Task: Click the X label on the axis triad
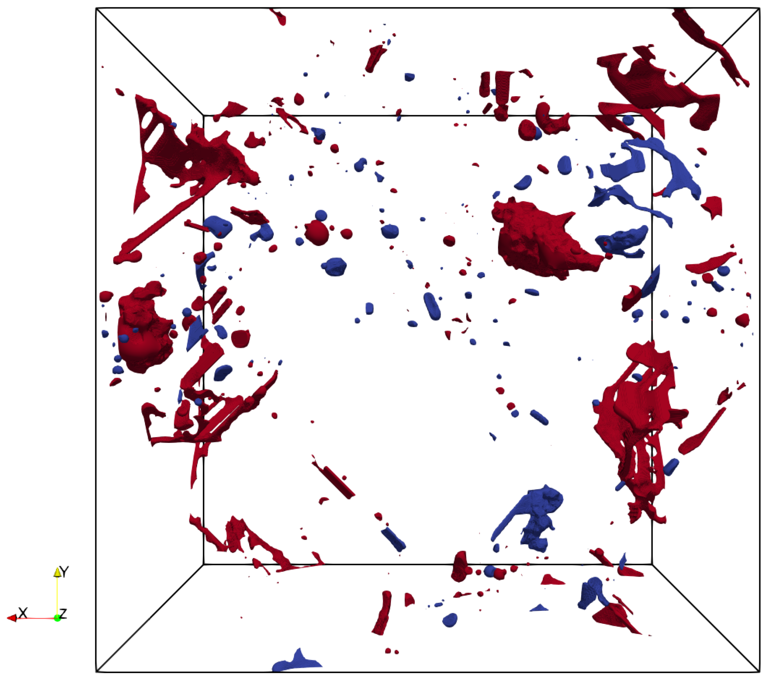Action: point(23,613)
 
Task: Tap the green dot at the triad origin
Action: point(57,618)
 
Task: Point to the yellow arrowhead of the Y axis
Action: point(57,572)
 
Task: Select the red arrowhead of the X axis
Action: point(11,618)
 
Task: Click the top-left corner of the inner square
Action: point(204,116)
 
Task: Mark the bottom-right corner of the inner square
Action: point(652,564)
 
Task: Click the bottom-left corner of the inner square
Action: point(204,564)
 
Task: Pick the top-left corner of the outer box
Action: point(96,8)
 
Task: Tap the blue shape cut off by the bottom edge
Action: point(297,662)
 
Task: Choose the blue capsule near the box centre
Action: point(432,306)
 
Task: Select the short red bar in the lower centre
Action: point(338,482)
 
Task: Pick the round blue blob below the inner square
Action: point(450,620)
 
